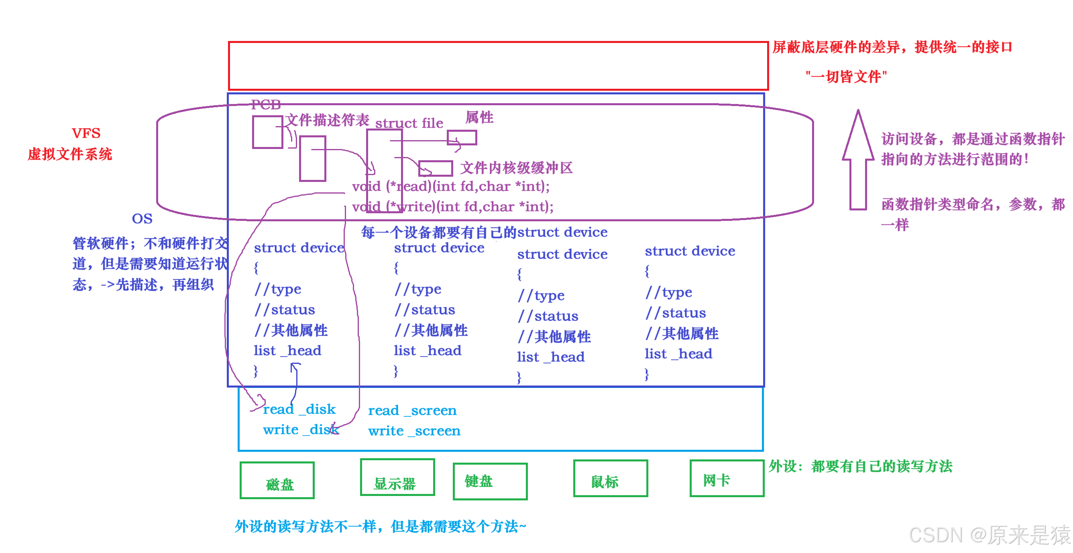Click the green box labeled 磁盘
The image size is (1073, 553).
[x=277, y=480]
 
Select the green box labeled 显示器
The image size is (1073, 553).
[x=397, y=477]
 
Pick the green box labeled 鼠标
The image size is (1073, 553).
[x=610, y=478]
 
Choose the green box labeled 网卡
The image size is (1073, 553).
[x=727, y=478]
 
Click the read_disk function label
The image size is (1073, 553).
[x=299, y=409]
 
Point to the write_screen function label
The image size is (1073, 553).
[x=414, y=431]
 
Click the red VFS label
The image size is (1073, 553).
[x=86, y=133]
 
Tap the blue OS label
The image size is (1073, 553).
[x=142, y=219]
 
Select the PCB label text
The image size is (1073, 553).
[x=266, y=104]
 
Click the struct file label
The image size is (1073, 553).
[x=409, y=123]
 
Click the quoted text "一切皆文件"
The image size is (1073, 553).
[x=846, y=77]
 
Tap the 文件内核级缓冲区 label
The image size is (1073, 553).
[x=516, y=168]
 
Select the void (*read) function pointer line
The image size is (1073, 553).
[x=451, y=186]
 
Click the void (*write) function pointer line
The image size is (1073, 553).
[x=453, y=207]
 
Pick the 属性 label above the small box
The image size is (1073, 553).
[x=479, y=118]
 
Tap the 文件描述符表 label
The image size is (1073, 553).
[x=328, y=120]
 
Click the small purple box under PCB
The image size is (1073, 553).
[x=267, y=132]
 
